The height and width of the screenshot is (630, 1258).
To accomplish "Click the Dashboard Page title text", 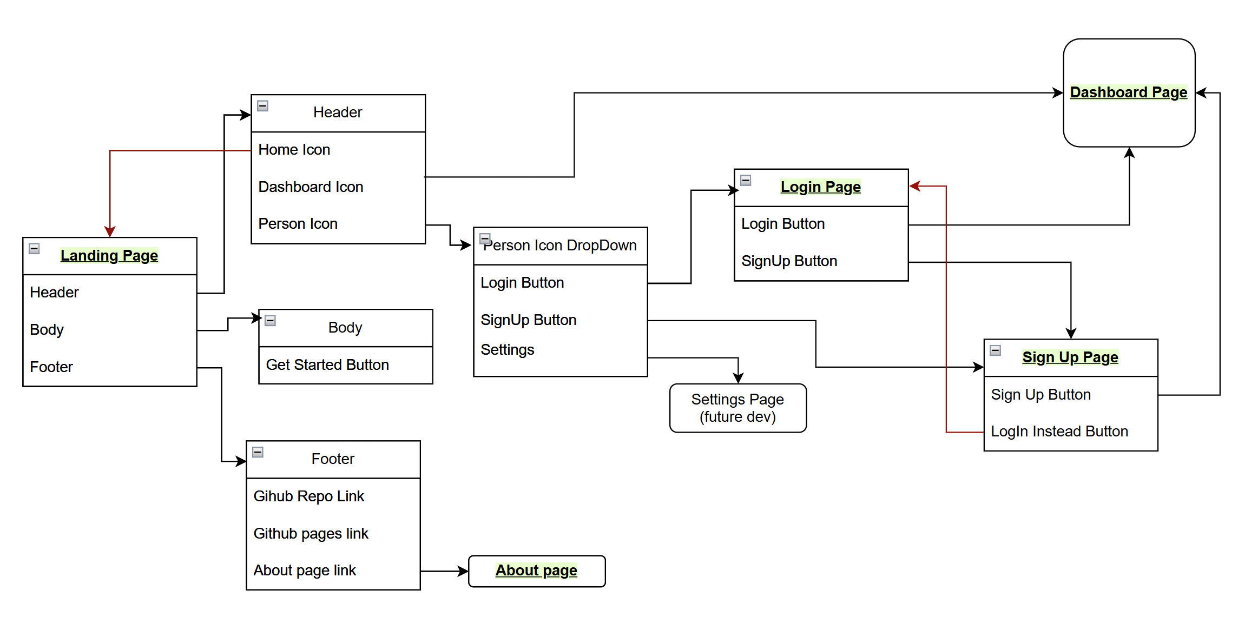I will point(1128,92).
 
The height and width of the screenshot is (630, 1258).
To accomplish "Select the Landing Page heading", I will point(109,255).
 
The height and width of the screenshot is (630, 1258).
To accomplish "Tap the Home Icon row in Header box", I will point(294,150).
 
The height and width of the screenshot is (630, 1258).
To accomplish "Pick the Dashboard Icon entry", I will point(311,187).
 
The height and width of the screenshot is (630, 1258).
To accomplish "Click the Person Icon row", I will point(298,224).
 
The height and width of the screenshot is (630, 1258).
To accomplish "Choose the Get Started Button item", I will point(327,365).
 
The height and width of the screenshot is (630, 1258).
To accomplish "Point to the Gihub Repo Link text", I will point(308,496).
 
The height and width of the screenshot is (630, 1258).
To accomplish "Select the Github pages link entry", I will point(311,534).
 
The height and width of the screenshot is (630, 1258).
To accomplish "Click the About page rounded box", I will point(536,571).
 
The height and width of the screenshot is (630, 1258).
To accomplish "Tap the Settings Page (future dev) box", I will point(737,408).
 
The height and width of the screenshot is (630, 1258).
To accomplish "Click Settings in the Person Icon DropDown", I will point(507,350).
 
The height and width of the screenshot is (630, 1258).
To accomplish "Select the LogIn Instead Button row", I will point(1059,432).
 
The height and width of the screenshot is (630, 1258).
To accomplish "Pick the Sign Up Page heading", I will point(1070,357).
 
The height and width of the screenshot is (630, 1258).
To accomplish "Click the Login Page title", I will point(820,187).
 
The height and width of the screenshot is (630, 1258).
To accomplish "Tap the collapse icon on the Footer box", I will point(258,452).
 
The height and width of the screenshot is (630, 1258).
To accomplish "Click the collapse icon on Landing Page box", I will point(34,249).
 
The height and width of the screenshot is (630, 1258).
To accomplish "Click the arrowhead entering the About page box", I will point(463,571).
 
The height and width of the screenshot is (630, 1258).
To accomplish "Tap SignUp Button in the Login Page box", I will point(789,261).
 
